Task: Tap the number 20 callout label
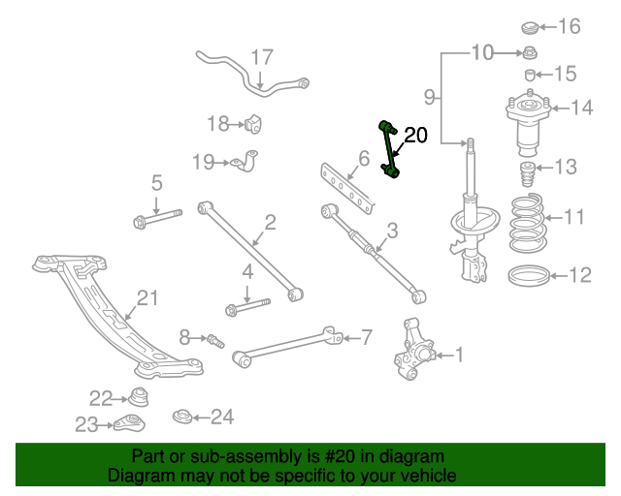(x=414, y=135)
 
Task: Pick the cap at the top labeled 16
(x=531, y=27)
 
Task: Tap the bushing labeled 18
(x=254, y=123)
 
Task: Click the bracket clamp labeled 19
(x=247, y=161)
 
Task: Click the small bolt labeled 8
(x=214, y=339)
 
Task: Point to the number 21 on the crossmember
(x=146, y=298)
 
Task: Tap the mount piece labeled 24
(x=181, y=417)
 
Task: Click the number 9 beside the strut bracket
(x=430, y=96)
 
